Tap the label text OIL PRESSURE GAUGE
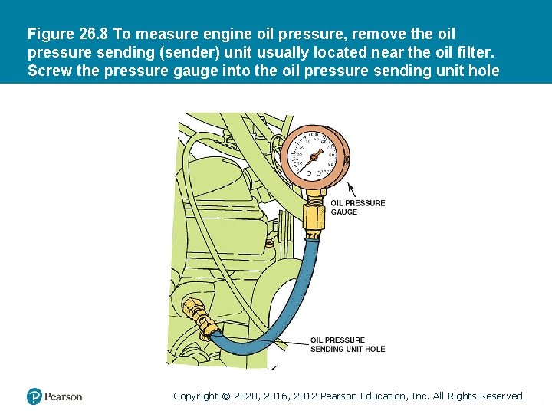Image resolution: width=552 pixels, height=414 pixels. tap(357, 207)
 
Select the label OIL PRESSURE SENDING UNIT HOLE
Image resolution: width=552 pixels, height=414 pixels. tap(347, 344)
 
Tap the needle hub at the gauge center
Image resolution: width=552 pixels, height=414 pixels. tap(313, 158)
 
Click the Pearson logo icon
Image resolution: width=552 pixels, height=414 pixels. tap(34, 396)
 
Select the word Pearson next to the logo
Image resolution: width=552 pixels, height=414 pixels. tap(63, 396)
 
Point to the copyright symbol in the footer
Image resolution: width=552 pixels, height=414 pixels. tap(225, 396)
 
